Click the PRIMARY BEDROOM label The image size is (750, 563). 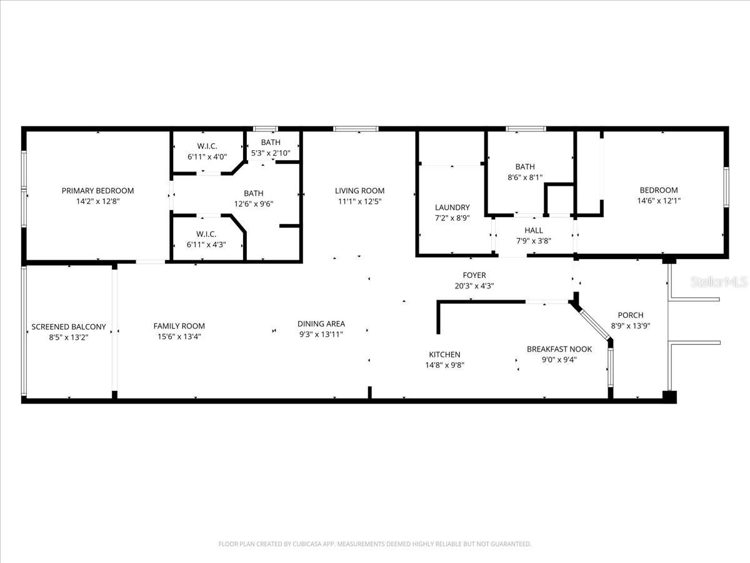pos(97,191)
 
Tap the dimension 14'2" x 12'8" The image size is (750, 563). pos(97,201)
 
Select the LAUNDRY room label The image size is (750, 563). pos(452,208)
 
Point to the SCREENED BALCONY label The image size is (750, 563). pos(69,327)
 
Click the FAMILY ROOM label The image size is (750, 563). pos(179,326)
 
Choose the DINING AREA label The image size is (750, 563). pos(321,324)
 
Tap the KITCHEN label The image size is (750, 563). pos(444,355)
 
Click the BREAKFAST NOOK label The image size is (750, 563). pos(559,349)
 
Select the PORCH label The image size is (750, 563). pos(630,315)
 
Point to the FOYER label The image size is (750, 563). pos(474,275)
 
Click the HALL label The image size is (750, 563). pos(533,230)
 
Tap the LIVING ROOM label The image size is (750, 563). pos(359,191)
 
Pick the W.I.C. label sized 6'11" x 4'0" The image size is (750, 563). pos(203,146)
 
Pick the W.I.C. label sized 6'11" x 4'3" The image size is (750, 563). pos(202,235)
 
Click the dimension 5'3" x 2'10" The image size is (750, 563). pos(271,153)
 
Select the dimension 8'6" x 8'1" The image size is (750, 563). pos(525,177)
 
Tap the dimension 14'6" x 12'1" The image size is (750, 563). pos(658,201)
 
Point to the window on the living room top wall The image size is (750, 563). pos(356,129)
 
